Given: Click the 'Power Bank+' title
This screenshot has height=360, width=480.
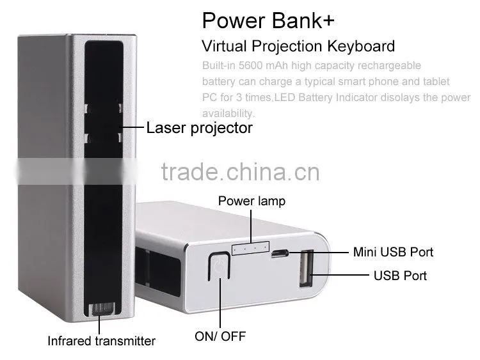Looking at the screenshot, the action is tap(268, 20).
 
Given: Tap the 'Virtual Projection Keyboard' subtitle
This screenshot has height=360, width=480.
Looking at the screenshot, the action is tap(298, 47).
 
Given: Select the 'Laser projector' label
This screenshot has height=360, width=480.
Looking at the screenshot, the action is tap(199, 128).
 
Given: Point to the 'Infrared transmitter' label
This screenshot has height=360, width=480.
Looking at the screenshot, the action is tap(101, 341).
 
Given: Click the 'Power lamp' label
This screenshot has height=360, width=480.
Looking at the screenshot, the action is tap(252, 201).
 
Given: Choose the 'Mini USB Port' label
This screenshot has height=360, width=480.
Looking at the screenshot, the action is tap(393, 252).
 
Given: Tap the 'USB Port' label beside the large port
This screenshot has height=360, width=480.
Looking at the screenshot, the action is tap(400, 276).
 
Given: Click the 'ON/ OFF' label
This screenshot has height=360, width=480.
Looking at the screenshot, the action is tap(220, 336).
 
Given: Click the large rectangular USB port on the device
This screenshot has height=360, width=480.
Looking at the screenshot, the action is tap(306, 269).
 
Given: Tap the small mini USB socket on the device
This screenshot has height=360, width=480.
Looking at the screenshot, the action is tap(279, 253).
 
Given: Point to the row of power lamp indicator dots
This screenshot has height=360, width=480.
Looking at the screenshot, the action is tap(250, 248).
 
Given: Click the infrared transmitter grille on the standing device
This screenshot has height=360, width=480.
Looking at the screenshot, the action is tap(101, 309).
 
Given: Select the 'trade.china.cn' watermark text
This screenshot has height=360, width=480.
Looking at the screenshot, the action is tap(240, 172).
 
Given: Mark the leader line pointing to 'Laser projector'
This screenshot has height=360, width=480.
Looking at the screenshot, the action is tap(132, 127).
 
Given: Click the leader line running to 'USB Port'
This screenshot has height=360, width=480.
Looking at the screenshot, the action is tap(340, 275).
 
